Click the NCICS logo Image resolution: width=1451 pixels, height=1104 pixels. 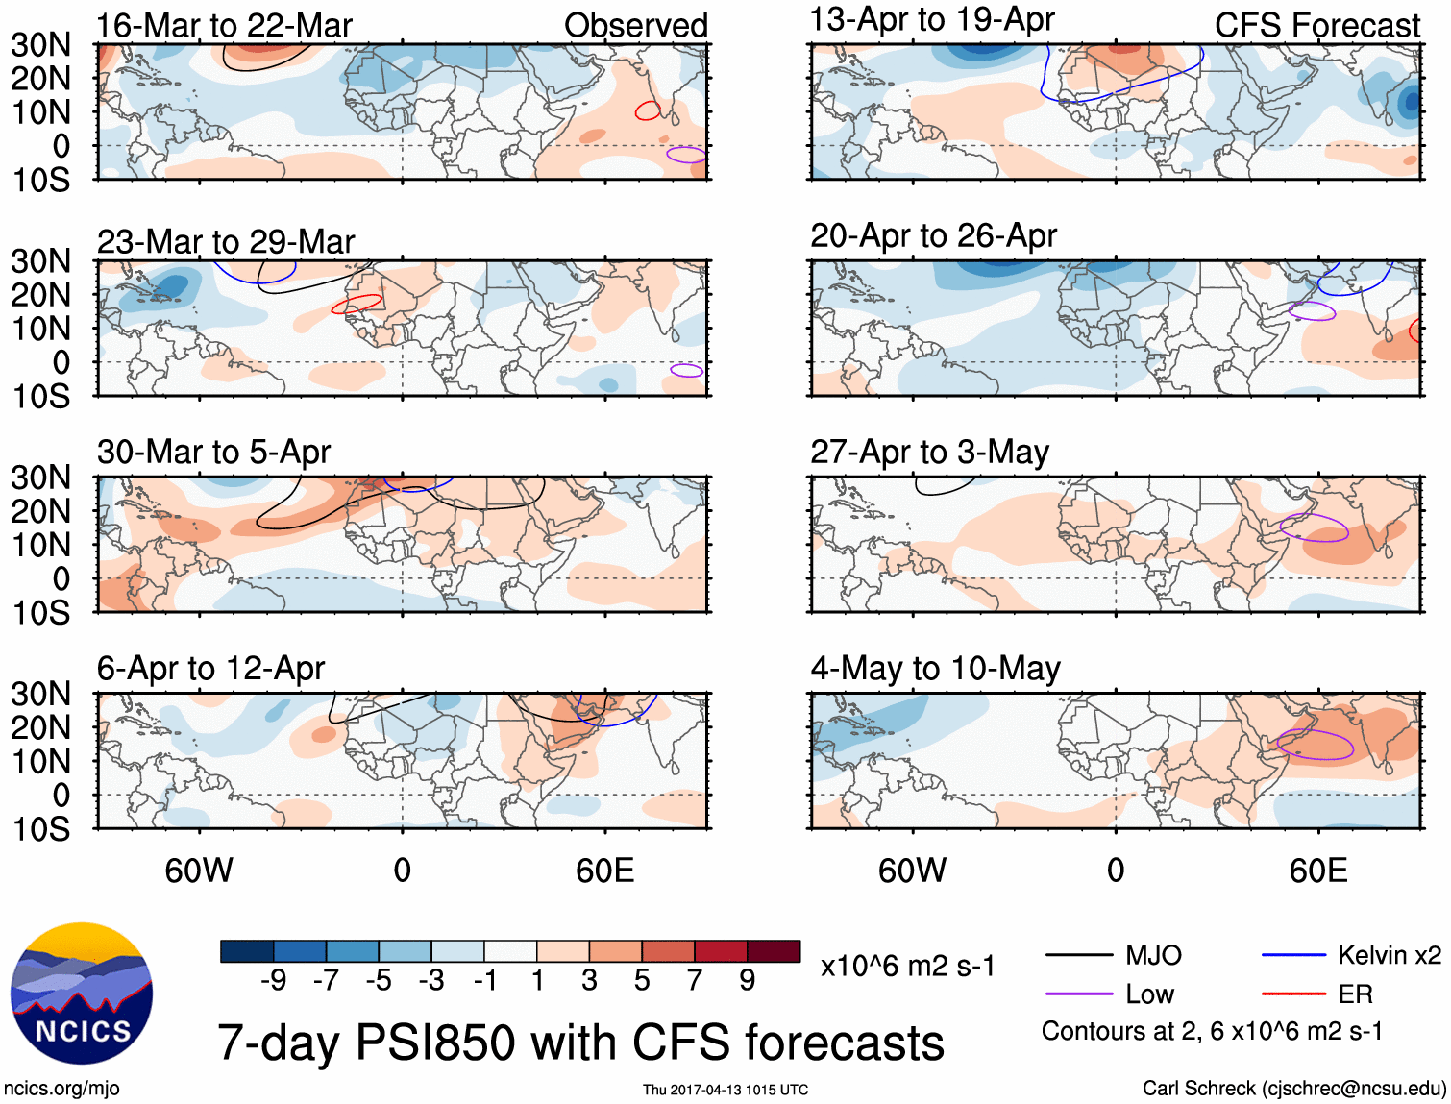pos(82,994)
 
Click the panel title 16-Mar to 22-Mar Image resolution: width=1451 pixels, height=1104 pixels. pos(224,26)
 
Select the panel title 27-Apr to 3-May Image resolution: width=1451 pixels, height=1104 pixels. pos(929,452)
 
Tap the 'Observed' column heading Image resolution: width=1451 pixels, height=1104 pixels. pos(635,26)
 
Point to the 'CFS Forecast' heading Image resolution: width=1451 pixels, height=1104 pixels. pos(1316,26)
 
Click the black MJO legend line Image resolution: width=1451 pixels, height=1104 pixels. pos(1078,955)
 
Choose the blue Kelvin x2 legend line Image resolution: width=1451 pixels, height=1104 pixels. pos(1293,955)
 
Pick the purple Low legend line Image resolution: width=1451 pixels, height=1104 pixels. pos(1078,994)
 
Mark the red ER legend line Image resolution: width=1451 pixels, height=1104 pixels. pos(1293,994)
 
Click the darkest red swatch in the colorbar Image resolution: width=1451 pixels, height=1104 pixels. pos(774,951)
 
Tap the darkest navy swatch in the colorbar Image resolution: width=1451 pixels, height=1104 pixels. pos(247,951)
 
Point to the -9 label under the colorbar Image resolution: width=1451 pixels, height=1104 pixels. pos(273,980)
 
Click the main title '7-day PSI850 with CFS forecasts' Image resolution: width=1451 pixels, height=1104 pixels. pos(580,1043)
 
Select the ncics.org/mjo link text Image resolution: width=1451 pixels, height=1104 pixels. pos(61,1088)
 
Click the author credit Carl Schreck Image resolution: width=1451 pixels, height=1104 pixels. pos(1293,1088)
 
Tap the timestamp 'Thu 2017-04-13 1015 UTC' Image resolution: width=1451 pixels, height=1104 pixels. pos(725,1090)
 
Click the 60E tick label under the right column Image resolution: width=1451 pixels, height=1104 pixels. pos(1317,871)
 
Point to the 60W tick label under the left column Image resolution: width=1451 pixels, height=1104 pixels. pos(199,871)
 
